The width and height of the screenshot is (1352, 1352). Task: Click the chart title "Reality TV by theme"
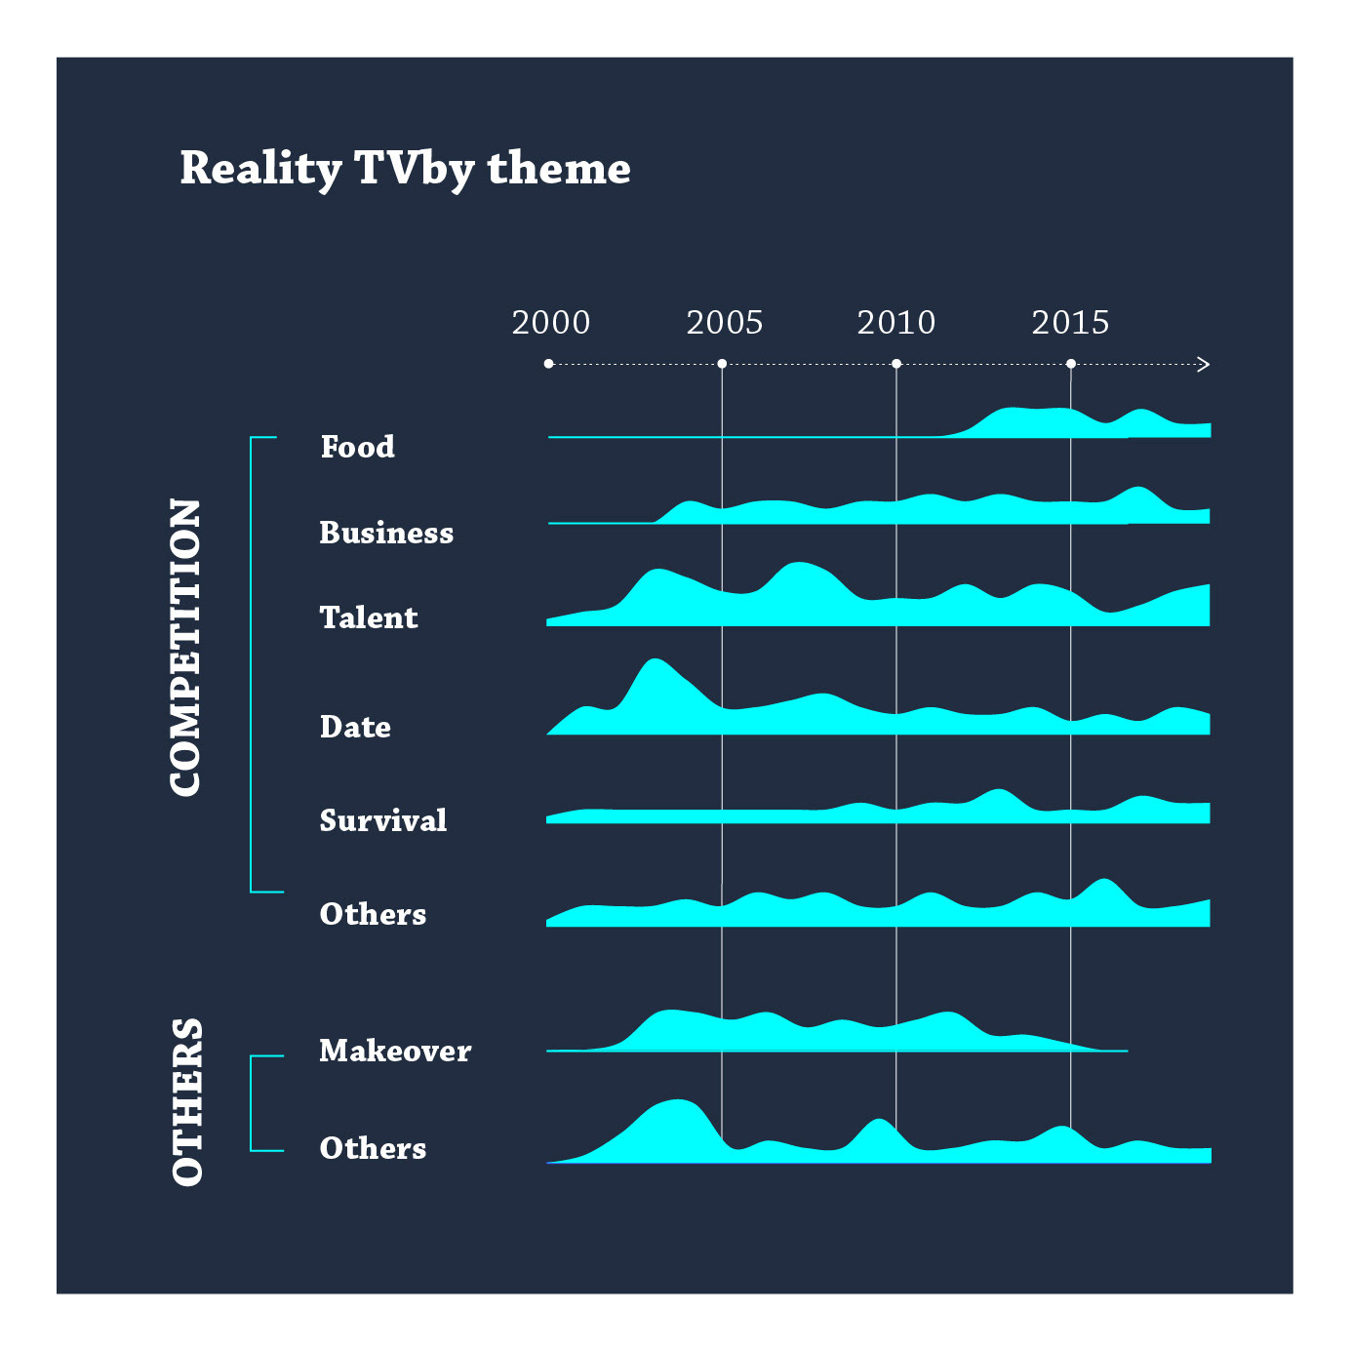pyautogui.click(x=405, y=169)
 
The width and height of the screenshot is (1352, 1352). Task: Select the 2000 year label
pyautogui.click(x=551, y=322)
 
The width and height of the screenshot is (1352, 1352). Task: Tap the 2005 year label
pyautogui.click(x=724, y=322)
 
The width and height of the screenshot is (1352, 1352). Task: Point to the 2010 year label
pyautogui.click(x=895, y=322)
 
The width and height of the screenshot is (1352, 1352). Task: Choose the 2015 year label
pyautogui.click(x=1070, y=322)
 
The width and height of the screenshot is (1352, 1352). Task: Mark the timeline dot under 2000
pyautogui.click(x=549, y=364)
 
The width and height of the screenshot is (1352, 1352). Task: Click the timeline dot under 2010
pyautogui.click(x=896, y=364)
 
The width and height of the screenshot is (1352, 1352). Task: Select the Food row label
pyautogui.click(x=358, y=447)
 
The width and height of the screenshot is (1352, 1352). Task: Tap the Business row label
pyautogui.click(x=386, y=533)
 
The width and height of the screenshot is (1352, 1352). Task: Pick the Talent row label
pyautogui.click(x=369, y=617)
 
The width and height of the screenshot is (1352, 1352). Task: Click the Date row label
pyautogui.click(x=355, y=727)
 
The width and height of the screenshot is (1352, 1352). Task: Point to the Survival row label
pyautogui.click(x=383, y=820)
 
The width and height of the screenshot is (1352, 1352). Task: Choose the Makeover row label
pyautogui.click(x=395, y=1051)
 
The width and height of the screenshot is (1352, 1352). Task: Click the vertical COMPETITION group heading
pyautogui.click(x=185, y=648)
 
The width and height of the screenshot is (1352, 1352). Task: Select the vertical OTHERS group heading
pyautogui.click(x=187, y=1101)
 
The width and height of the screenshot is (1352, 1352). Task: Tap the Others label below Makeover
pyautogui.click(x=373, y=1148)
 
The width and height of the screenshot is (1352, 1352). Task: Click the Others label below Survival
pyautogui.click(x=373, y=914)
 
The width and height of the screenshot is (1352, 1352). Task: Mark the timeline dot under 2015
pyautogui.click(x=1071, y=364)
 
